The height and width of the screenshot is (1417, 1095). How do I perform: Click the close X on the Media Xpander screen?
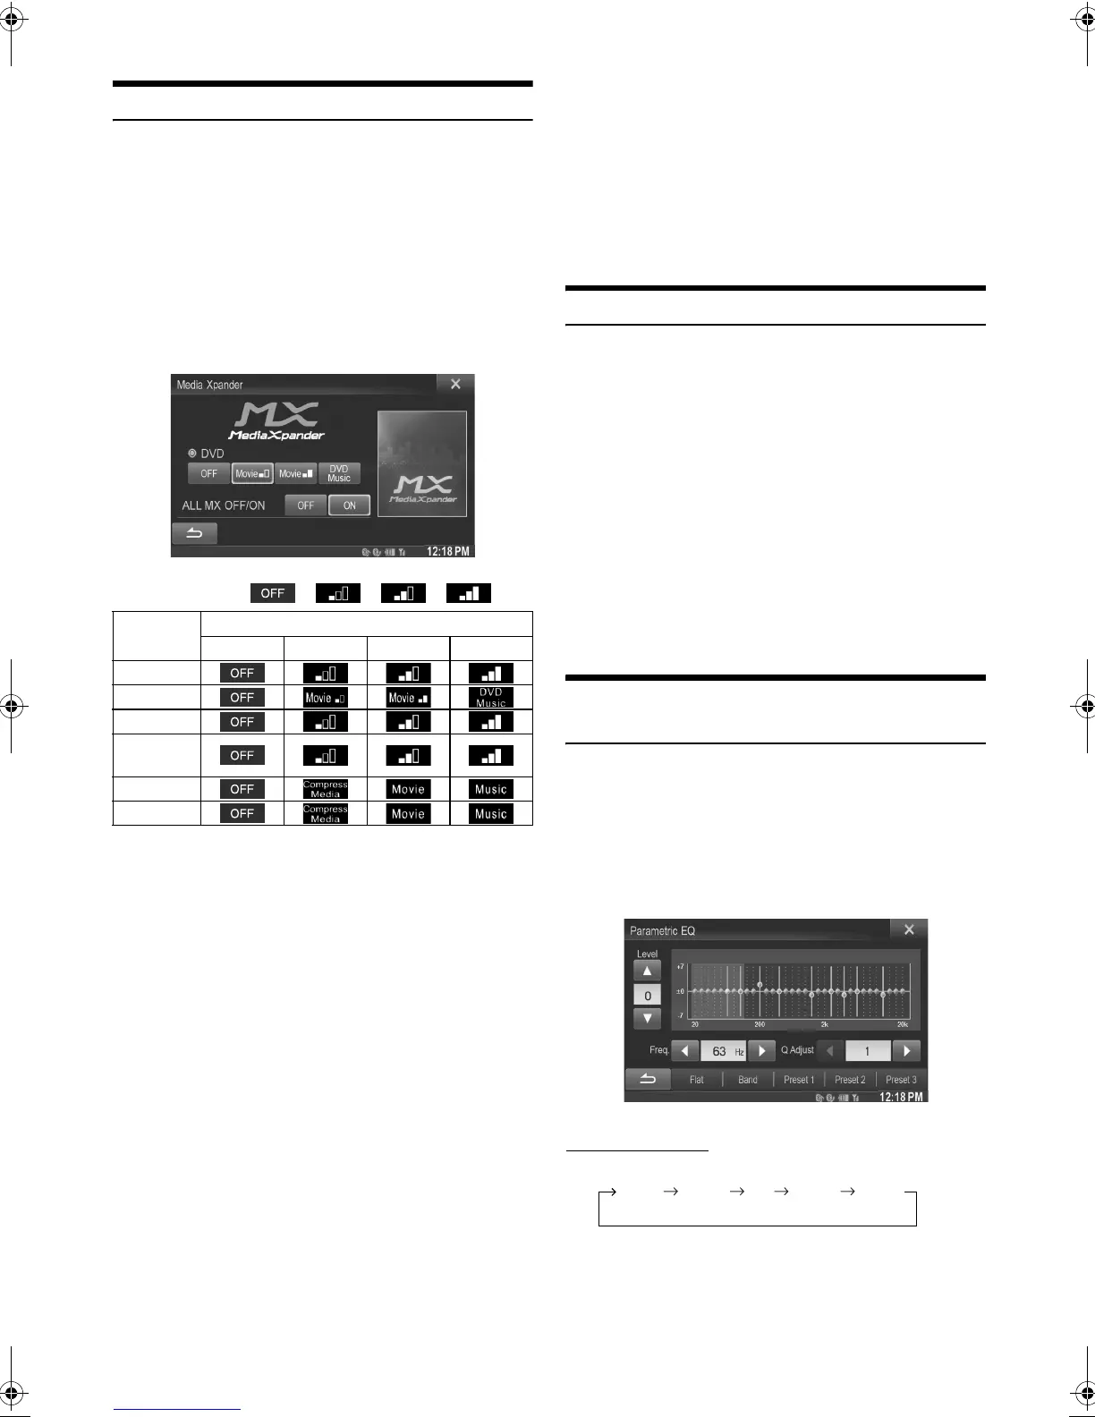[455, 384]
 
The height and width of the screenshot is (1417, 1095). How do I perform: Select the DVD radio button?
[192, 454]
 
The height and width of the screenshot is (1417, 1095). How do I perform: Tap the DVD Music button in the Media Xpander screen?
[339, 473]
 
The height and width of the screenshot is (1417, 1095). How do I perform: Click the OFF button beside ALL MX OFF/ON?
[306, 505]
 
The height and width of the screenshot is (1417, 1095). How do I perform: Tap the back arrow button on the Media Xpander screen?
[194, 534]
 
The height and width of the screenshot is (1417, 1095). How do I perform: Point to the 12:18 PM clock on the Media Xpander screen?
[447, 552]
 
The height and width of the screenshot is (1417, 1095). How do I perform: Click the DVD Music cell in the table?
[490, 698]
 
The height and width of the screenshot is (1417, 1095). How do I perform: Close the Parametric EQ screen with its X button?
[909, 929]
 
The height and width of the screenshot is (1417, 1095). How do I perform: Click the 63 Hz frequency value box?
[723, 1051]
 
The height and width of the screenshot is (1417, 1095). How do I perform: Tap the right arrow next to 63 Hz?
[761, 1051]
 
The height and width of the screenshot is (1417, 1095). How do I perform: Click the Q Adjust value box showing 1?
[867, 1051]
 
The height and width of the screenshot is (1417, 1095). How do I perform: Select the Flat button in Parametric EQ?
[696, 1080]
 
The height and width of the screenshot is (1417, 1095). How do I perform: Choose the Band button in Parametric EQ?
[748, 1080]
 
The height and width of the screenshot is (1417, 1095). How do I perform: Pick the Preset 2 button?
[850, 1080]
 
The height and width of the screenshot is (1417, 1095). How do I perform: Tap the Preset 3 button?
[901, 1080]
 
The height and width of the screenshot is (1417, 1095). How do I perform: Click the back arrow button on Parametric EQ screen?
[647, 1079]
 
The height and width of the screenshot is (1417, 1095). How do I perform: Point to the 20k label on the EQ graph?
[903, 1024]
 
